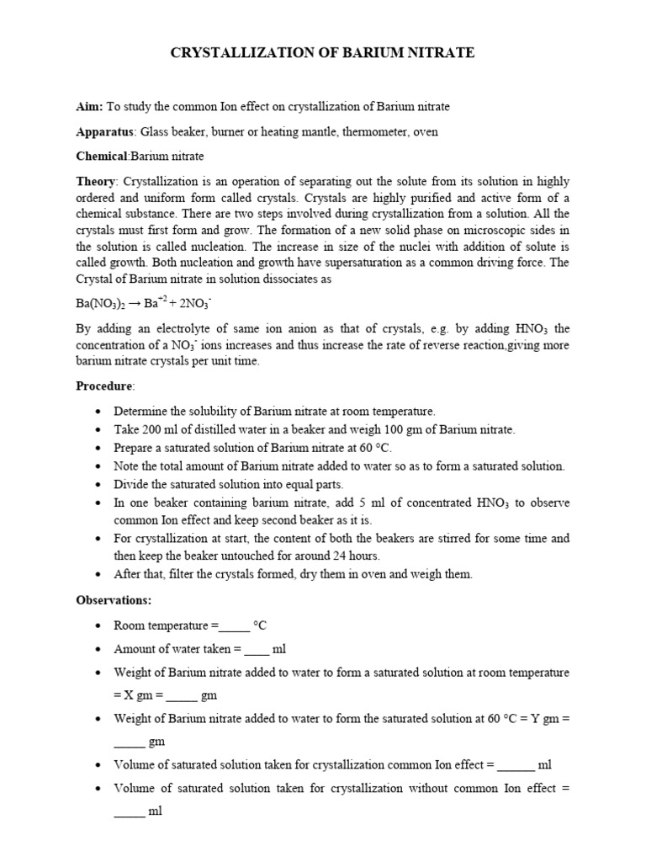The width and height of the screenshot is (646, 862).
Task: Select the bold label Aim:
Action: (89, 107)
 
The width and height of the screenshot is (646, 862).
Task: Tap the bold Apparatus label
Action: (106, 132)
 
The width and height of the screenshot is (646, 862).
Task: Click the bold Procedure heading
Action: (105, 385)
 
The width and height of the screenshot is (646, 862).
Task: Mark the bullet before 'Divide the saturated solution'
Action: (100, 484)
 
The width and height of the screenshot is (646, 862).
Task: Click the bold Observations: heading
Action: (114, 600)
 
